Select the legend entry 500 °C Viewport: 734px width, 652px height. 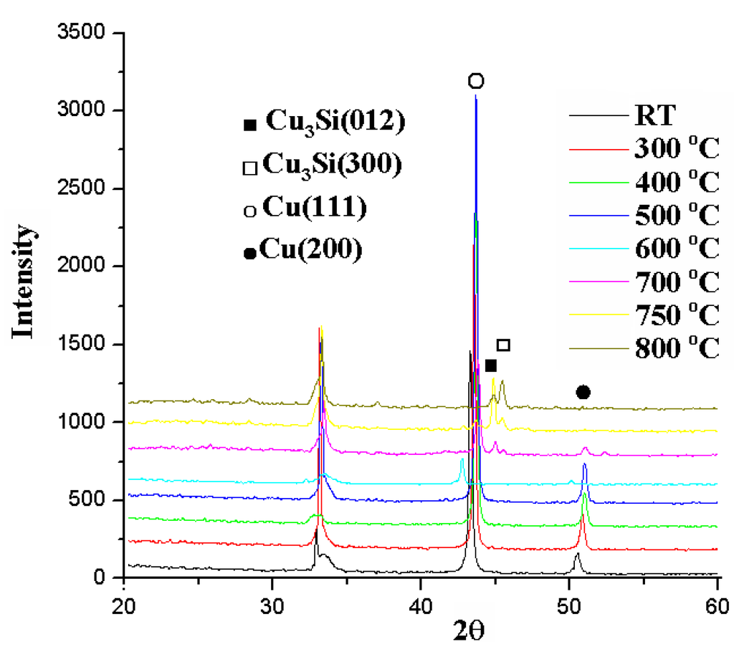click(676, 216)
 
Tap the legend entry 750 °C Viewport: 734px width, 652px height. click(676, 316)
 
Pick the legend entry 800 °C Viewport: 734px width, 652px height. click(676, 350)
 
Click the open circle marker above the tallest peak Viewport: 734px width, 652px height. click(476, 81)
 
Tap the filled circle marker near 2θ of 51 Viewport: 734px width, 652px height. click(583, 392)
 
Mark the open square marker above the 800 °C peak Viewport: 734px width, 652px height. click(503, 345)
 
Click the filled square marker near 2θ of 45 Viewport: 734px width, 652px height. click(491, 366)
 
